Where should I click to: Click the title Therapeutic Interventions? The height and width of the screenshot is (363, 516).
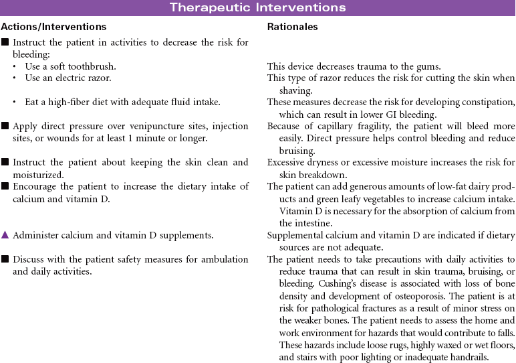[258, 7]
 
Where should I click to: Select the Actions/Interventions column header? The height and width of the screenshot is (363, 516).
[53, 27]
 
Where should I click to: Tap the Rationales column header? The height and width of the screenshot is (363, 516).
[292, 27]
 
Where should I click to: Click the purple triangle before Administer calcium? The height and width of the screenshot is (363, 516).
[5, 236]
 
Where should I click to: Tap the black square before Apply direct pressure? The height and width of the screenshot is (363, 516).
[5, 125]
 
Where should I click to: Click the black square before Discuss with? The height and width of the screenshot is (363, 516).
[5, 259]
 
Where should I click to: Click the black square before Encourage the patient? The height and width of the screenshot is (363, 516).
[5, 186]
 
